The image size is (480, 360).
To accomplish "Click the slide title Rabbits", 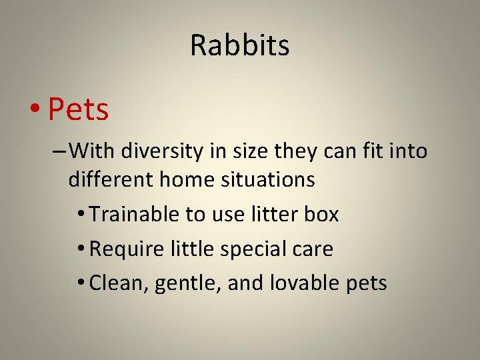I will pyautogui.click(x=240, y=45).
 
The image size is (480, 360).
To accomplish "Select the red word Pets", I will pyautogui.click(x=79, y=109).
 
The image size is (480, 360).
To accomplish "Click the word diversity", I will pyautogui.click(x=161, y=152).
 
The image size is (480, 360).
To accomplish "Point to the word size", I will pyautogui.click(x=253, y=152).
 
